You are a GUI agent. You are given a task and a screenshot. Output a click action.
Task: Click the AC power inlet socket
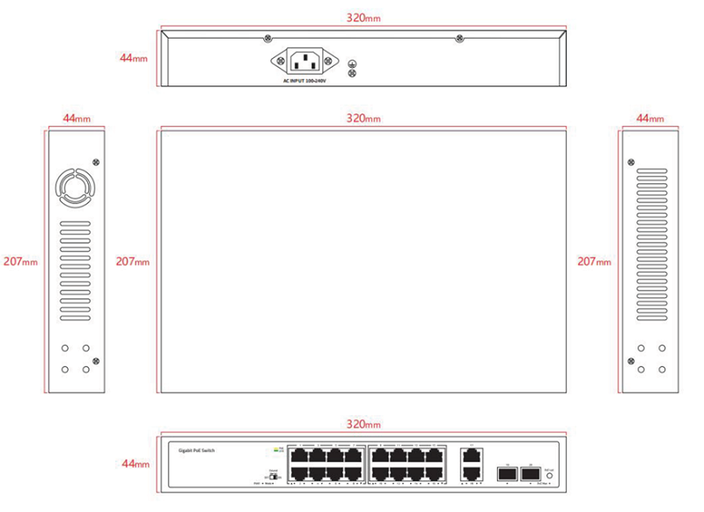click(304, 62)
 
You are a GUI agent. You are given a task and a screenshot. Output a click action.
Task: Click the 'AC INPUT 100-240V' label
click(304, 81)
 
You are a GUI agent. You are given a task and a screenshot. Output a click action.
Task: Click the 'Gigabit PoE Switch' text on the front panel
click(196, 450)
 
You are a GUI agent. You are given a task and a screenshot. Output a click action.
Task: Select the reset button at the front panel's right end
click(550, 475)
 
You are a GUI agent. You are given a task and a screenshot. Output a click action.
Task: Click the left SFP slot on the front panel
click(507, 475)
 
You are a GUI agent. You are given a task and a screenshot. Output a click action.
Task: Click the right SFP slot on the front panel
click(529, 475)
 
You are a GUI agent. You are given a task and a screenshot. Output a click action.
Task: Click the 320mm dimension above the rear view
click(363, 18)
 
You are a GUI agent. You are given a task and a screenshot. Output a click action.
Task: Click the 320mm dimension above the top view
click(363, 118)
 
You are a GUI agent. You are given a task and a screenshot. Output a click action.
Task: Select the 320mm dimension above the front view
click(363, 424)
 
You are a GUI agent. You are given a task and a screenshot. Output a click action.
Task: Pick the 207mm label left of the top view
click(132, 261)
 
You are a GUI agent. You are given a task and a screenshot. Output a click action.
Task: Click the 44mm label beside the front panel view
click(133, 464)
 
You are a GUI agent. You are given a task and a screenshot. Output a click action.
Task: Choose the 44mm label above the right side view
click(650, 118)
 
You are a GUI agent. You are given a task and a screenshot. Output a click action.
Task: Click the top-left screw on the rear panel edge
click(267, 38)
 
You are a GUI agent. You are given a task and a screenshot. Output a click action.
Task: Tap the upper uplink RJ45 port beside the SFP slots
click(470, 457)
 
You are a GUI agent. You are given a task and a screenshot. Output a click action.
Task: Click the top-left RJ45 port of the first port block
click(299, 457)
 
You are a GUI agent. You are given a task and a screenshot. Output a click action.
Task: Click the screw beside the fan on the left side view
click(96, 162)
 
